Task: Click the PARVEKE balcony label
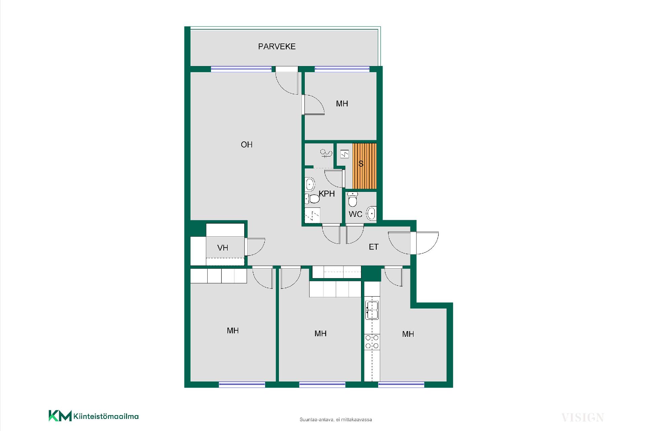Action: click(x=277, y=46)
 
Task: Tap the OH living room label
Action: click(x=247, y=144)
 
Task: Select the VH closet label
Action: click(x=223, y=248)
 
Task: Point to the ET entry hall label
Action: click(x=373, y=247)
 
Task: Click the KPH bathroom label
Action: click(x=327, y=194)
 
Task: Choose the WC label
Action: click(x=355, y=214)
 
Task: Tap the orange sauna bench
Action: click(x=364, y=166)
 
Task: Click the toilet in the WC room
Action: click(x=352, y=199)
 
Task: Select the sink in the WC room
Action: click(x=371, y=213)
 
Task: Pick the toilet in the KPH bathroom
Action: click(x=312, y=199)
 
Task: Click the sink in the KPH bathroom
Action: click(x=310, y=184)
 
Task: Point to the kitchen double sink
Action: click(x=372, y=310)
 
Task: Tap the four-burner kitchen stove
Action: click(x=372, y=342)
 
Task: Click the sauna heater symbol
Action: click(x=345, y=154)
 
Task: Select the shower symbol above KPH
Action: click(x=326, y=154)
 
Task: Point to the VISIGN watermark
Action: click(x=582, y=418)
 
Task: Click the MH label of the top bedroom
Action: click(x=342, y=104)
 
